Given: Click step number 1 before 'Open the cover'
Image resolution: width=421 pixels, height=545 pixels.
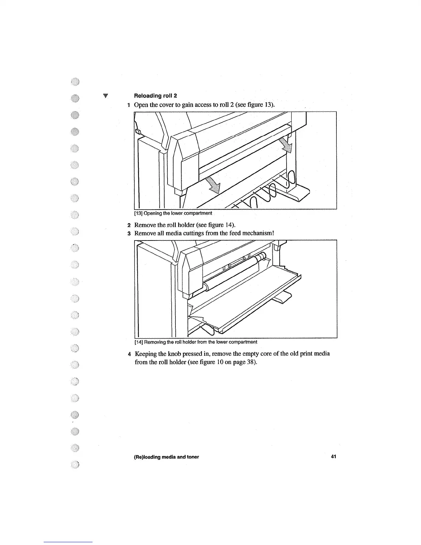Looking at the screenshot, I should (x=128, y=105).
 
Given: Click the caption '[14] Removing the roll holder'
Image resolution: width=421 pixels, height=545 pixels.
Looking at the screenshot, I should (x=195, y=342).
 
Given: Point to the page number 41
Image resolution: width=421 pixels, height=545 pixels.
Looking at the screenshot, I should (x=333, y=457).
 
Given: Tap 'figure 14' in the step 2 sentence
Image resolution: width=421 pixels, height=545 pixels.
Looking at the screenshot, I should (x=221, y=225).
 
